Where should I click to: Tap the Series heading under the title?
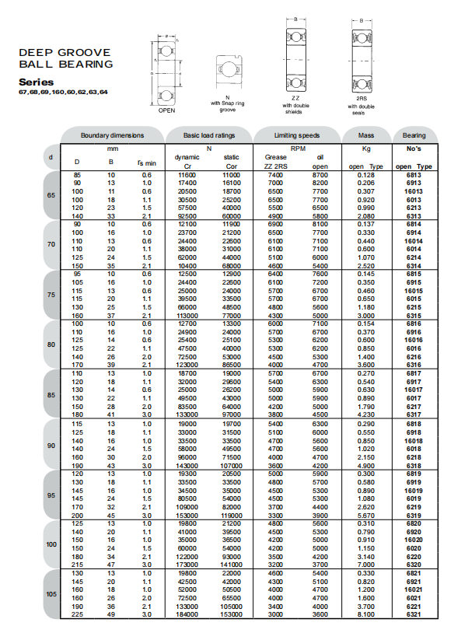[x=36, y=82]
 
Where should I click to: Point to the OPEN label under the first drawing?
[x=166, y=110]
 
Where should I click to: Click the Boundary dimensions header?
[x=113, y=135]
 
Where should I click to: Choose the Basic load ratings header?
[x=209, y=135]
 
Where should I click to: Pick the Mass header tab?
[x=366, y=135]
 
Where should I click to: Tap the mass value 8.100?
[x=367, y=614]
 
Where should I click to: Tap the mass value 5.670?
[x=367, y=515]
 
